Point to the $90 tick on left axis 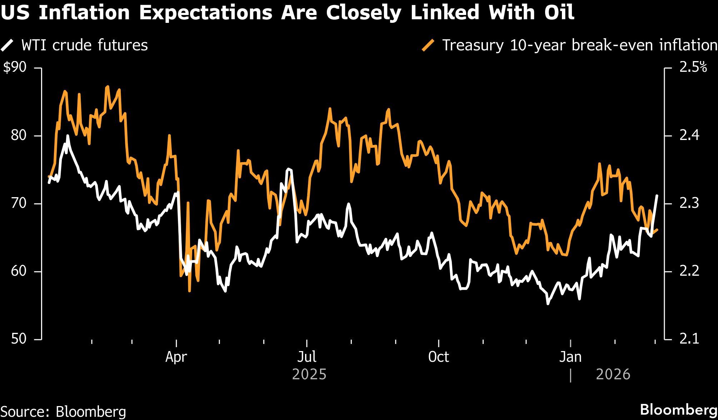tap(15, 67)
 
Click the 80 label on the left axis tap(19, 136)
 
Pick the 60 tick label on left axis tap(19, 271)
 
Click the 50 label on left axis tap(19, 339)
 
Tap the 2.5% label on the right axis tap(693, 67)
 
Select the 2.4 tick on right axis tap(689, 136)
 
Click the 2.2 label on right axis tap(689, 271)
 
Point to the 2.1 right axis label tap(689, 339)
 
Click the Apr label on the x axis tap(176, 357)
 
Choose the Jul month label tap(307, 357)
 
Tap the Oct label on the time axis tap(438, 357)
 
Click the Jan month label tap(570, 357)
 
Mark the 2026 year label tap(613, 374)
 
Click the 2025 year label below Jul tap(309, 374)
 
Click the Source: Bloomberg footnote tap(64, 411)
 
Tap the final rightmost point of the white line tap(657, 196)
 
